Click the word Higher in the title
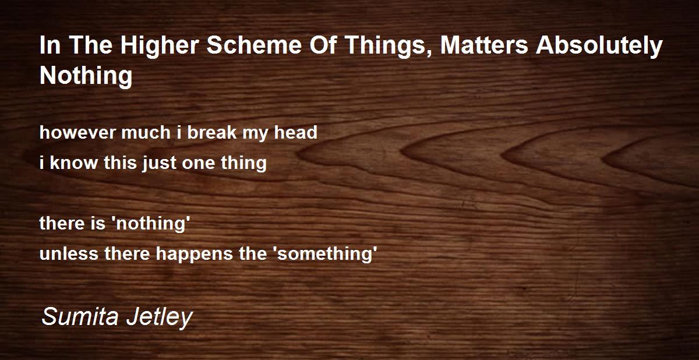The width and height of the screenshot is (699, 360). (x=160, y=46)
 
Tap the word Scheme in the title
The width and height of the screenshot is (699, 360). (x=254, y=45)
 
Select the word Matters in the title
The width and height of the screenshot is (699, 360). (x=484, y=45)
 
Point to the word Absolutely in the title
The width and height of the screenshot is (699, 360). (x=599, y=46)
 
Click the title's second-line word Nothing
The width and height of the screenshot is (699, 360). (x=86, y=76)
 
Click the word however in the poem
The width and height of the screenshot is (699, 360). (x=77, y=132)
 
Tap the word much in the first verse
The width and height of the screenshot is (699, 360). (x=146, y=132)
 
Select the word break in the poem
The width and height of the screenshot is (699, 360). (x=212, y=132)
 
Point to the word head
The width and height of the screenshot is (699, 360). (x=295, y=132)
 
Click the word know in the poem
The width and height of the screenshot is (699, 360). (x=73, y=163)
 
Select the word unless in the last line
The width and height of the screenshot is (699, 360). (x=69, y=253)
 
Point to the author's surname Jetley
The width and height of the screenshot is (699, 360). (x=160, y=318)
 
